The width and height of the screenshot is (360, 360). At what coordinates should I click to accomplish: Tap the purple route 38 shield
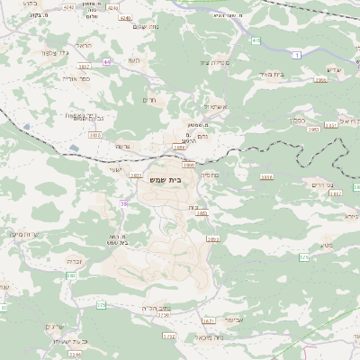(x=122, y=204)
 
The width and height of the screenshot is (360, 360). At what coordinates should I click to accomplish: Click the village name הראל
(x=84, y=46)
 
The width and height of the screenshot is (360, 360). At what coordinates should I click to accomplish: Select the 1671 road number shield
(x=209, y=320)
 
